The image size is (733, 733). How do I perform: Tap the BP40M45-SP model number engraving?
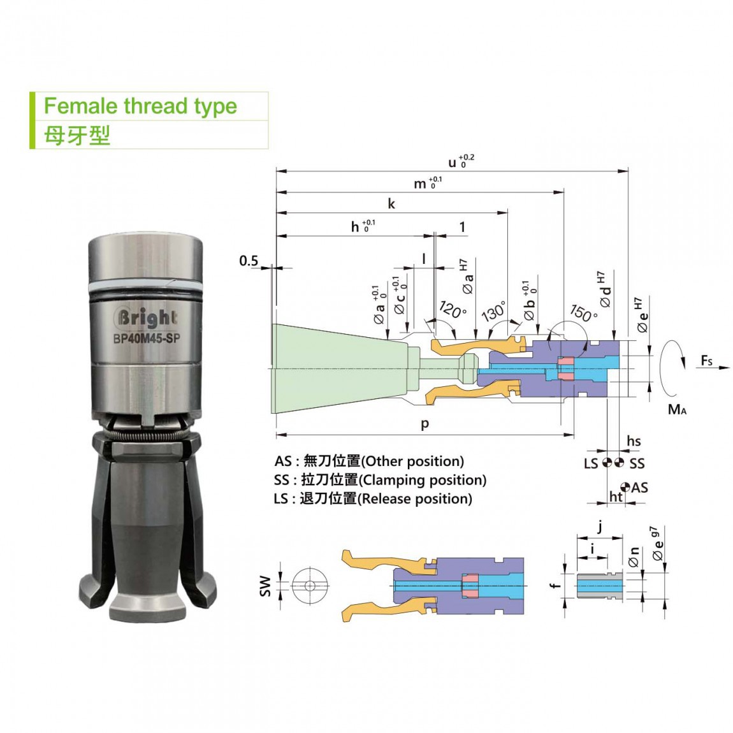(x=147, y=338)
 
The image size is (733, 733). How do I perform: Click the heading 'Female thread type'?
(x=140, y=106)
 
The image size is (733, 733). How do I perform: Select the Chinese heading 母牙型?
(x=77, y=136)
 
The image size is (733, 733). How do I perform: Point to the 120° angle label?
(x=453, y=310)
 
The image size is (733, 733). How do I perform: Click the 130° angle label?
(x=493, y=311)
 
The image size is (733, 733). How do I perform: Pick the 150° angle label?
(x=584, y=312)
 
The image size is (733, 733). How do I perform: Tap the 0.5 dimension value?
(x=248, y=261)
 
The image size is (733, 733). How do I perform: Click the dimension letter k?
(x=391, y=203)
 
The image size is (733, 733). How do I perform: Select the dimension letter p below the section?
(x=425, y=424)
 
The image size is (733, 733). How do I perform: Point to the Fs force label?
(x=706, y=361)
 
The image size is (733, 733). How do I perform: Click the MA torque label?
(x=677, y=409)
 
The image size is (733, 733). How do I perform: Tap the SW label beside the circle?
(x=265, y=586)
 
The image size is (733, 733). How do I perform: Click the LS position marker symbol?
(x=607, y=463)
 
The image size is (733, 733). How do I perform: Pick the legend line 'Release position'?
(x=373, y=499)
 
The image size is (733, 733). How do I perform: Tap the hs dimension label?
(x=634, y=441)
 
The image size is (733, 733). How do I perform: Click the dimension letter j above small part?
(x=600, y=527)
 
